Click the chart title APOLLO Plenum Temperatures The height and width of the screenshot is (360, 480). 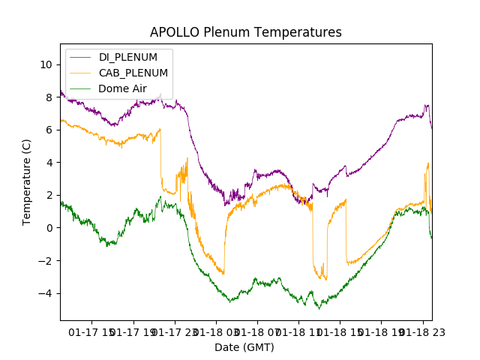[x=245, y=32]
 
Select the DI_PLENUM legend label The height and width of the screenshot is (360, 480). [x=128, y=58]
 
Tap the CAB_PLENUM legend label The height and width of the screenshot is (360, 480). [x=133, y=73]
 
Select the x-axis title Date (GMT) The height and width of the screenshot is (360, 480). [x=244, y=347]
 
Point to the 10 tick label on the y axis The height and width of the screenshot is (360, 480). [x=46, y=64]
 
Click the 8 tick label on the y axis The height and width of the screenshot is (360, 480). [x=49, y=97]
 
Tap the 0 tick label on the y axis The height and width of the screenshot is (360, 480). [x=49, y=228]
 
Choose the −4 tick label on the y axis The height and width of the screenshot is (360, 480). [x=46, y=293]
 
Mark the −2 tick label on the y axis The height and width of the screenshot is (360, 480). [x=46, y=260]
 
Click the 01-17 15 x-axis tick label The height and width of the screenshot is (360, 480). [x=92, y=331]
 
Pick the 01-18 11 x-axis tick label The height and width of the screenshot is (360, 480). [x=298, y=331]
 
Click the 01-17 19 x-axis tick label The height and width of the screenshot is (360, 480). [x=133, y=331]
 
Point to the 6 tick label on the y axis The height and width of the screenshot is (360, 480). [x=49, y=130]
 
